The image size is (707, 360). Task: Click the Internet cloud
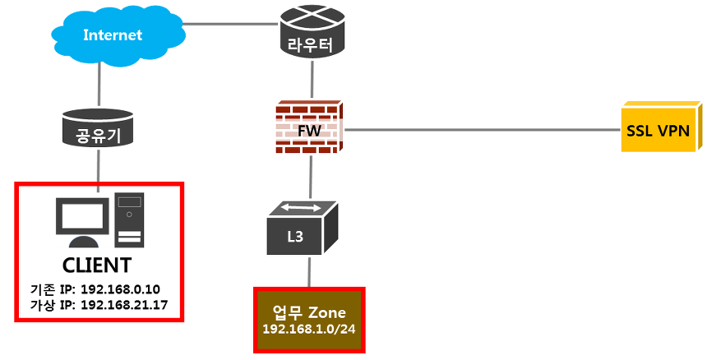[x=112, y=36]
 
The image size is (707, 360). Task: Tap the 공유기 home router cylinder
[x=99, y=128]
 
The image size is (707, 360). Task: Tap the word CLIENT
[x=97, y=265]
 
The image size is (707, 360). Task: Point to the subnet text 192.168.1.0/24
[x=309, y=330]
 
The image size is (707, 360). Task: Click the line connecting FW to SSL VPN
[x=481, y=129]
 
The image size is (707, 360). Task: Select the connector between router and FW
[x=311, y=82]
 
